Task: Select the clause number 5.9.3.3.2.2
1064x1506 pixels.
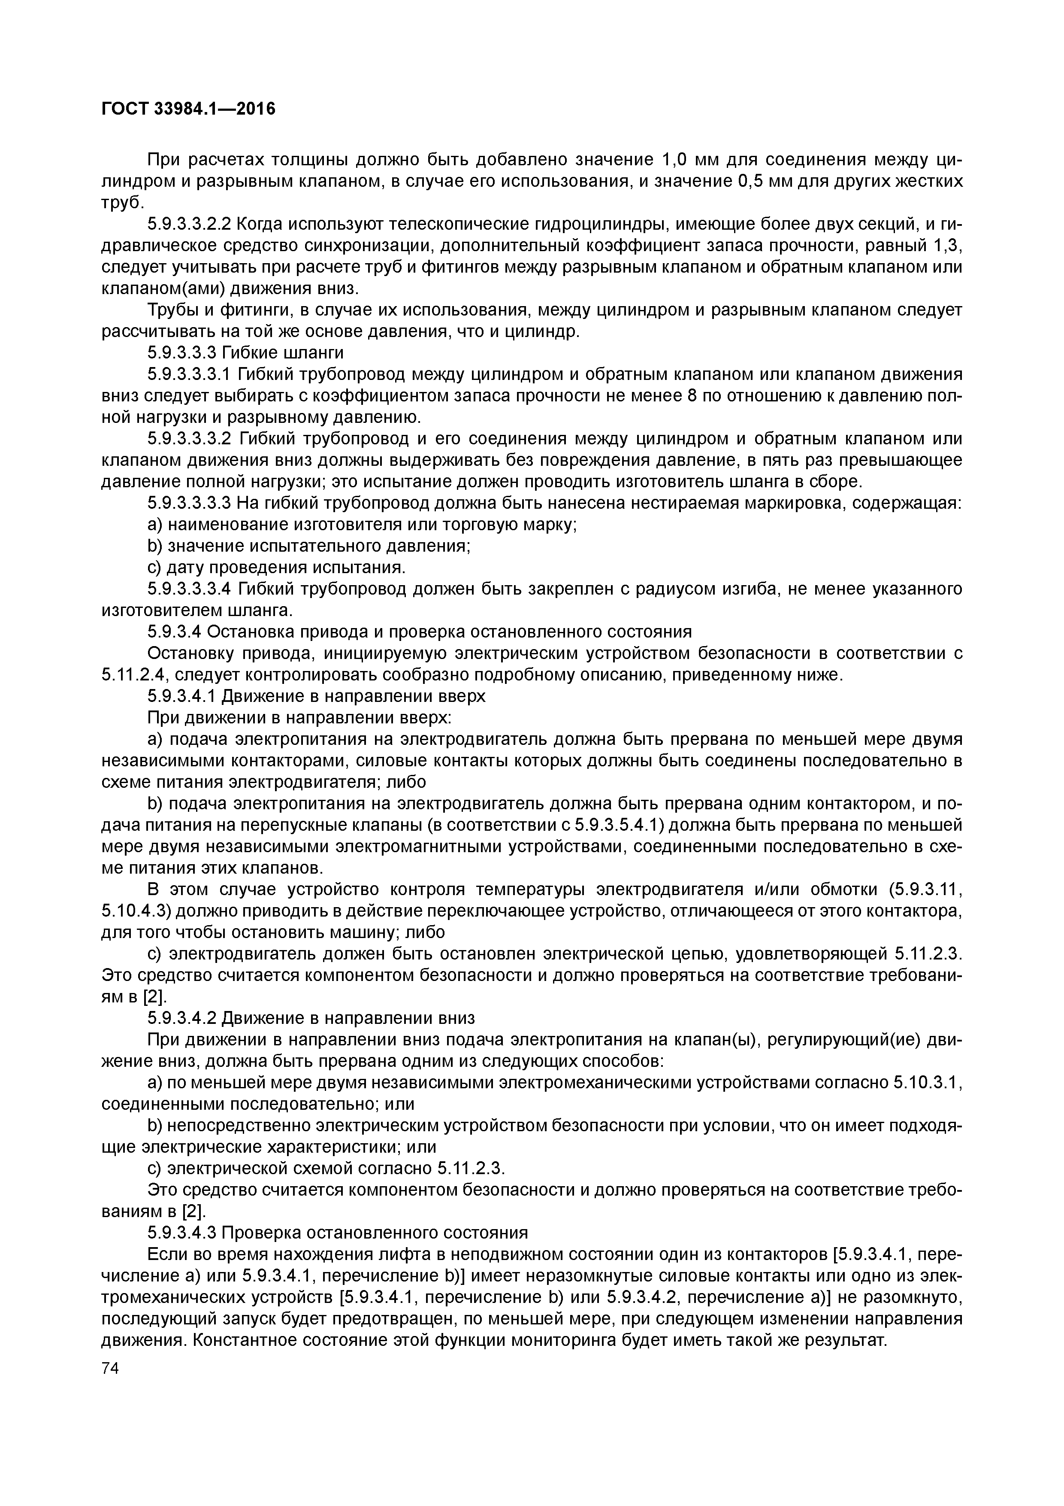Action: (x=190, y=225)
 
